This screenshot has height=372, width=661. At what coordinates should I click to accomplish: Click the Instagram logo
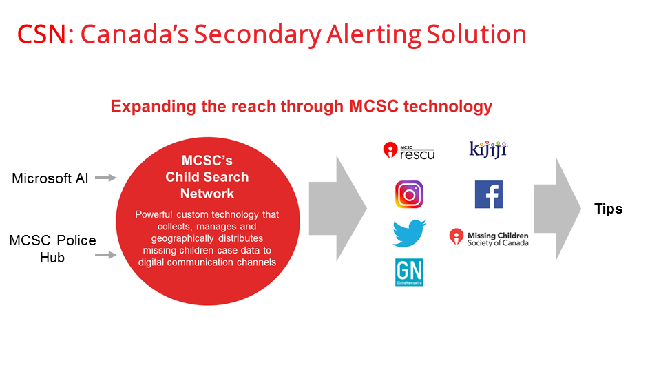point(409,194)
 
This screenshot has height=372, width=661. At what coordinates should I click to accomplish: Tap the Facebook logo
point(489,194)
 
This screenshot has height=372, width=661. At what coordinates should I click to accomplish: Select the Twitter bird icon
point(409,233)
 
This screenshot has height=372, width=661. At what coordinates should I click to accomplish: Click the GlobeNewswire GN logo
point(409,272)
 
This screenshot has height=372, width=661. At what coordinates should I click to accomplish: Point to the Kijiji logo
point(488,149)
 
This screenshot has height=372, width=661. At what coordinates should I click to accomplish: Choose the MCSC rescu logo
point(408,151)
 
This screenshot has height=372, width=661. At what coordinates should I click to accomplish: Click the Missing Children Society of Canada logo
point(489,238)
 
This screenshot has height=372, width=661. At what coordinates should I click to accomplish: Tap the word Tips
point(608,209)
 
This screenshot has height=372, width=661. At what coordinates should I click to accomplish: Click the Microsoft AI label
point(50,178)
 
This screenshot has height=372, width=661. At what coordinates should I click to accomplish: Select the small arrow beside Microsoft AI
point(106,178)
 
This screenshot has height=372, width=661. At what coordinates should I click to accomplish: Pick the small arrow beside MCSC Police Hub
point(106,255)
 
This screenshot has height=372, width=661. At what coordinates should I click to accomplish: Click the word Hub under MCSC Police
point(52,258)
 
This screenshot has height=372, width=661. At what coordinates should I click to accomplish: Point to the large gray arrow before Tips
point(557,209)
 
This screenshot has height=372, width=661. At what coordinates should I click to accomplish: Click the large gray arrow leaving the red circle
point(337,209)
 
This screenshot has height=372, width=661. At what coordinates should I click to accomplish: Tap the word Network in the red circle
point(207,194)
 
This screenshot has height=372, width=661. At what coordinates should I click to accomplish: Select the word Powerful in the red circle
point(154,214)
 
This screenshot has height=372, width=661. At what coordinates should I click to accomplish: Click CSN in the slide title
point(41,34)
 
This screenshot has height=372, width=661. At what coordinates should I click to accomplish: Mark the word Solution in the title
point(476,34)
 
